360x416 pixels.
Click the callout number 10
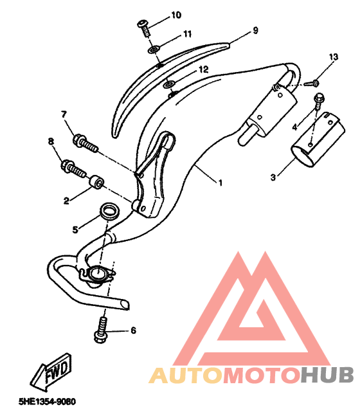pyautogui.click(x=176, y=15)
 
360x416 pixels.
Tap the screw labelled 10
pyautogui.click(x=145, y=29)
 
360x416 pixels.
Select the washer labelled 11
pyautogui.click(x=154, y=49)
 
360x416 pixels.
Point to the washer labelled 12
pyautogui.click(x=168, y=85)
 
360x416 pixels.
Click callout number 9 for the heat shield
pyautogui.click(x=255, y=30)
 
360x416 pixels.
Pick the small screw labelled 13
pyautogui.click(x=312, y=83)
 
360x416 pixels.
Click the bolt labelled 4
pyautogui.click(x=319, y=101)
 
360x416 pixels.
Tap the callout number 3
pyautogui.click(x=273, y=177)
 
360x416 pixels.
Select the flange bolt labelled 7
pyautogui.click(x=85, y=143)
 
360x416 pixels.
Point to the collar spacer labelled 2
pyautogui.click(x=96, y=182)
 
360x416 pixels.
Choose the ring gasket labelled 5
pyautogui.click(x=109, y=211)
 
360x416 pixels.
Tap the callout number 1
pyautogui.click(x=220, y=183)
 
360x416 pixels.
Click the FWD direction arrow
pyautogui.click(x=51, y=372)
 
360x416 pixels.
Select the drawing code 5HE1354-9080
pyautogui.click(x=47, y=401)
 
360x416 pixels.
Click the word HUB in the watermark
pyautogui.click(x=327, y=375)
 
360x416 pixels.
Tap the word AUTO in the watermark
pyautogui.click(x=185, y=375)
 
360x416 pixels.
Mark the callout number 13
pyautogui.click(x=334, y=57)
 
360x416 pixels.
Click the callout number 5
pyautogui.click(x=75, y=230)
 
